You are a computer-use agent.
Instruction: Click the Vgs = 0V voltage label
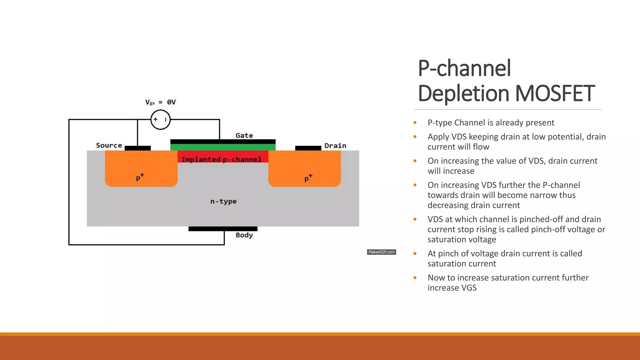160,102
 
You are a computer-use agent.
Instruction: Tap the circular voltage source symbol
160,119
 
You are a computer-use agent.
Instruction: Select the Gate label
244,135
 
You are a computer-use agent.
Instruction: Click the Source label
109,145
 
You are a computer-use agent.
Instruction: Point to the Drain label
335,146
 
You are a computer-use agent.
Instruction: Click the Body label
244,235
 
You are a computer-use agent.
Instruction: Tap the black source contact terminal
137,148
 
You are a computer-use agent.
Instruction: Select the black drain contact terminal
308,148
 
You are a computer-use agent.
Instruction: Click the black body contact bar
223,229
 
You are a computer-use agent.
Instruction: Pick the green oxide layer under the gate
223,147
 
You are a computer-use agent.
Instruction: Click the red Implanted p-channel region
223,157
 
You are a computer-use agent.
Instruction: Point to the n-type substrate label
223,201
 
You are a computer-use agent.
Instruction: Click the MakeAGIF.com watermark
381,252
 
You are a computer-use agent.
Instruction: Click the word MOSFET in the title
555,93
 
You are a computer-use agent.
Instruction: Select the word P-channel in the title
464,68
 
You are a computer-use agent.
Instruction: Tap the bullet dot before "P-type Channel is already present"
415,122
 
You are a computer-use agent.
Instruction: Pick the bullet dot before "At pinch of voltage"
415,253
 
